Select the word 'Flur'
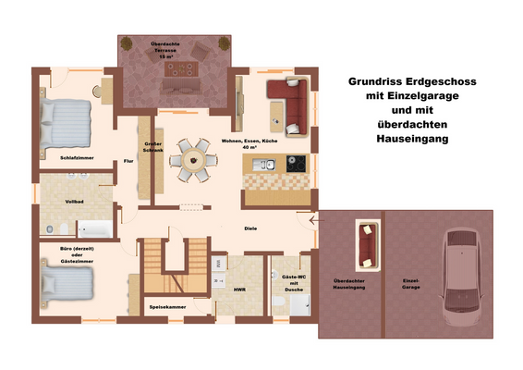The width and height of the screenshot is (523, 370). click(x=128, y=162)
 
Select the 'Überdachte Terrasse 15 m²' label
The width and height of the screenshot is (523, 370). click(x=167, y=50)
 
